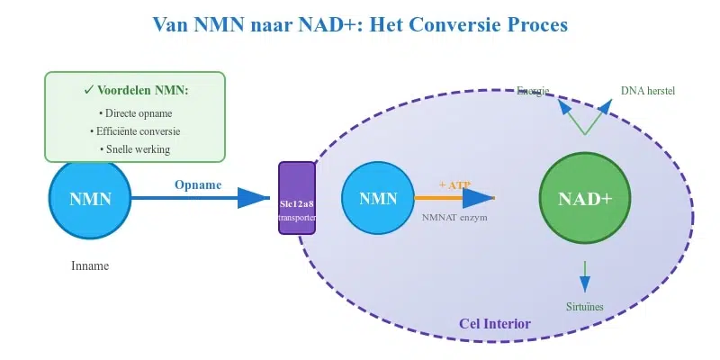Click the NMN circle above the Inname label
[x=90, y=199]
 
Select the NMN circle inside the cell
[x=377, y=199]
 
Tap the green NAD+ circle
[x=584, y=199]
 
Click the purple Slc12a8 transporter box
[x=297, y=198]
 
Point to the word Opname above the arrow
[x=198, y=184]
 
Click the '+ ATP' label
[x=454, y=184]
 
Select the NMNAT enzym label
[x=454, y=217]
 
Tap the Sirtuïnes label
[x=585, y=307]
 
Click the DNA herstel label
[x=647, y=90]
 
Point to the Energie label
[x=533, y=90]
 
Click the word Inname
[x=90, y=266]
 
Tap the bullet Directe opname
[x=135, y=113]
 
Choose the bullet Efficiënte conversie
[x=135, y=131]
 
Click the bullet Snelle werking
[x=135, y=149]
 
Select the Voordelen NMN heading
[x=135, y=91]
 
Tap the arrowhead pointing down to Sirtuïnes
[x=585, y=284]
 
